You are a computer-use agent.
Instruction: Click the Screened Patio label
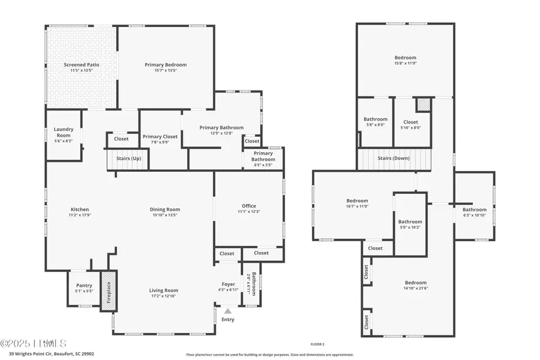point(82,64)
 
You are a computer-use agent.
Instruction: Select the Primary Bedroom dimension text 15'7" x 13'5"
point(165,71)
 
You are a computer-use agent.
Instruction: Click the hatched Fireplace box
point(109,291)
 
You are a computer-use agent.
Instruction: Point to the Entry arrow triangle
point(227,311)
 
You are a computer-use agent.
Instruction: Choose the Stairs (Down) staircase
point(394,159)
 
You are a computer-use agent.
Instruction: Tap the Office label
point(249,205)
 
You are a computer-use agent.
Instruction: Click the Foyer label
point(228,284)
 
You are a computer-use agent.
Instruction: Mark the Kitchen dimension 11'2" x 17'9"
point(79,215)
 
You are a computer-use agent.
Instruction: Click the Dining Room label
point(165,209)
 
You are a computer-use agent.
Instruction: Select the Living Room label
point(164,290)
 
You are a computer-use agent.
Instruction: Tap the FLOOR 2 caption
point(317,344)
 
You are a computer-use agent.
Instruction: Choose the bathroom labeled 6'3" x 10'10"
point(474,212)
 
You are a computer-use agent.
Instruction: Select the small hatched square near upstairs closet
point(424,104)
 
